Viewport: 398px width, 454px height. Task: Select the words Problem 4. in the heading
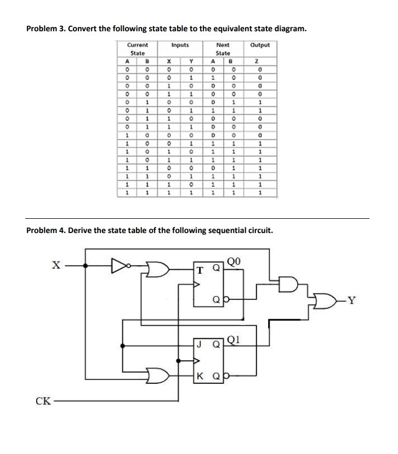pyautogui.click(x=46, y=230)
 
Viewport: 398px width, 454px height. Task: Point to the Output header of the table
pyautogui.click(x=259, y=46)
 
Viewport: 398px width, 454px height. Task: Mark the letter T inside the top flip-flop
pyautogui.click(x=201, y=270)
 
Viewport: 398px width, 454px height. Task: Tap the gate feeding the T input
pyautogui.click(x=160, y=269)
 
